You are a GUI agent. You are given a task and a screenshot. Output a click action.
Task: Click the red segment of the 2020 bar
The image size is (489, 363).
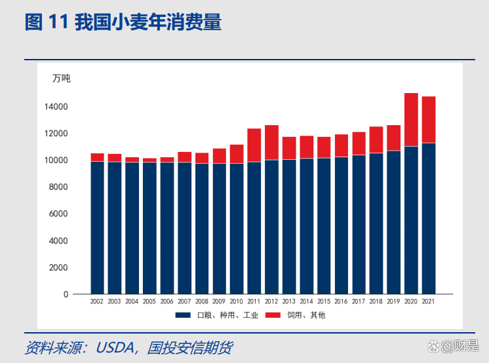point(411,120)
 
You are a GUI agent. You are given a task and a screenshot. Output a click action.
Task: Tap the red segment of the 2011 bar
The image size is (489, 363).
point(254,145)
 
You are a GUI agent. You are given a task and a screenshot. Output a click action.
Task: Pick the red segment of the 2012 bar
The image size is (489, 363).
point(271,142)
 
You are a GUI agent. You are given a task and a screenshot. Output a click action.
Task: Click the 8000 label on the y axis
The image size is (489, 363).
point(57,187)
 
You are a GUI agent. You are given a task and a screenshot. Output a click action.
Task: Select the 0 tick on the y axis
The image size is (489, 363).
point(66,295)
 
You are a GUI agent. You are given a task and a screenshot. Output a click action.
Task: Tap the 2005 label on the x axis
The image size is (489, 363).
point(149,302)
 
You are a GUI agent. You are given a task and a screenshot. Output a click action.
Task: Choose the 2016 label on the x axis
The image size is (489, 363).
point(341,302)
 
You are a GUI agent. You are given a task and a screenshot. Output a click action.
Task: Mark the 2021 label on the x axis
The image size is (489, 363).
point(429,302)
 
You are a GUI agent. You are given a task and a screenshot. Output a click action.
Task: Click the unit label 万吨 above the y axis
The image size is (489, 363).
point(61,79)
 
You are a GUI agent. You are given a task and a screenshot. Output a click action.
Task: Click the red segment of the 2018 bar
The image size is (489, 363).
point(376,140)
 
